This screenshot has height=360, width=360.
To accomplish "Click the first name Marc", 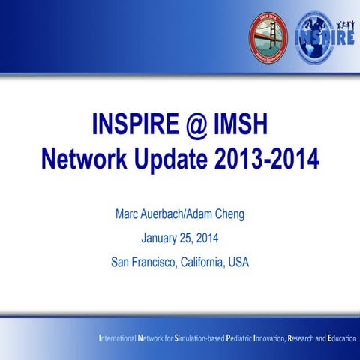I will tap(128, 215).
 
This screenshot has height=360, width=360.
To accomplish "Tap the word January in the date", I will tap(158, 239).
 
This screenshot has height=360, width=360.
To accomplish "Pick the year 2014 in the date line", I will tap(209, 239).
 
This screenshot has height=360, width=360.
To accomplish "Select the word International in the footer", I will tap(118, 339).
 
